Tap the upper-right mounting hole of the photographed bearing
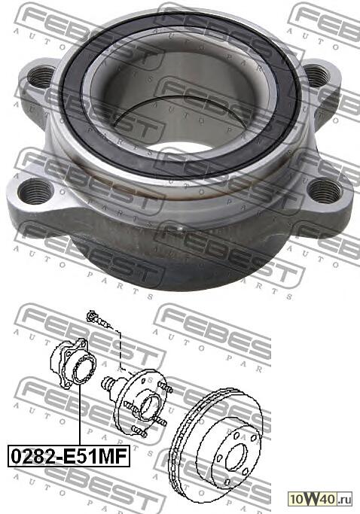(x=316, y=75)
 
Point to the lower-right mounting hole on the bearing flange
(x=325, y=190)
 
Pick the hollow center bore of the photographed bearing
(x=181, y=113)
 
